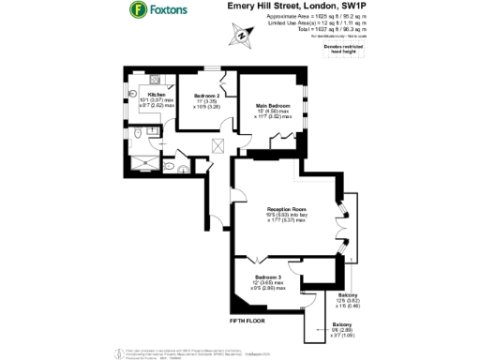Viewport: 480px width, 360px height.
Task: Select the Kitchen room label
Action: tap(156, 94)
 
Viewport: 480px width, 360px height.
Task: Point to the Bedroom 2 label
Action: tap(206, 96)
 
